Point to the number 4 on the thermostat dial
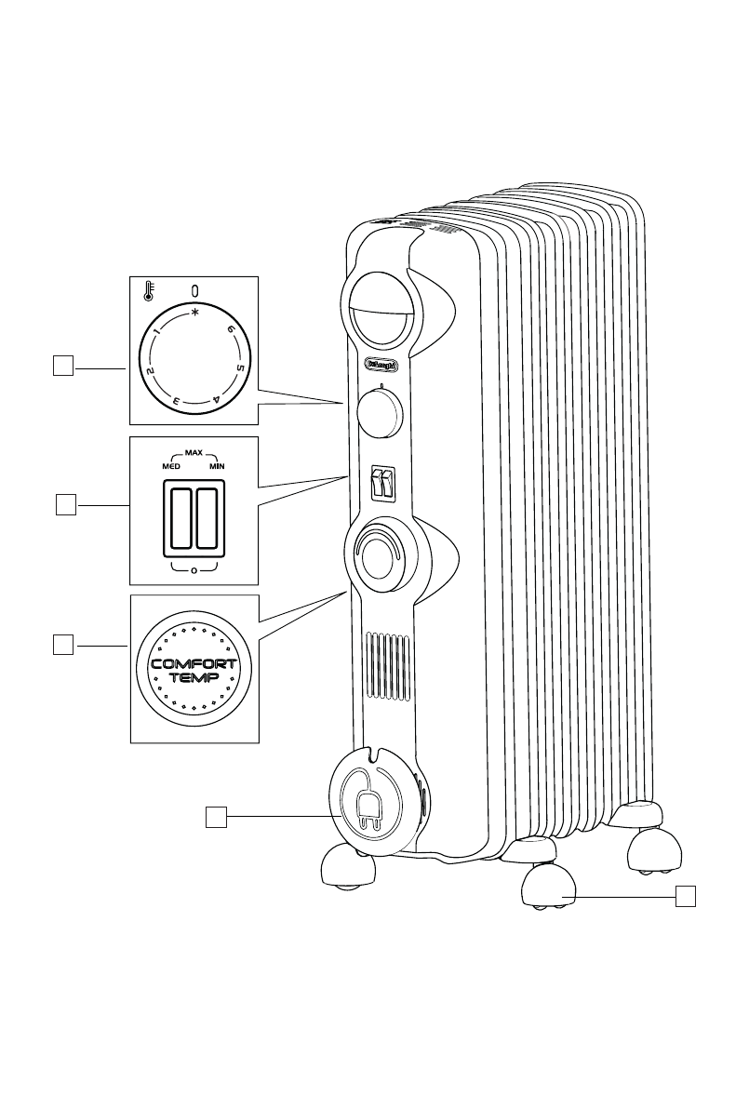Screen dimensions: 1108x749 tap(217, 398)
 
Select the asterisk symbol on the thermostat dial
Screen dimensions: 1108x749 tap(194, 314)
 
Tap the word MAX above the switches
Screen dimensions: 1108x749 tap(194, 452)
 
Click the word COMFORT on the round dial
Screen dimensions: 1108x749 tap(194, 664)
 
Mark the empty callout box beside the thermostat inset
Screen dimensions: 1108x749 tap(63, 367)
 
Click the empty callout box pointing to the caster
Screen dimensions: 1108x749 tap(686, 896)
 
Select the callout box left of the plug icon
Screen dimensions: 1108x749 tap(216, 816)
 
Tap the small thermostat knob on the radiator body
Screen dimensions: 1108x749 tap(380, 410)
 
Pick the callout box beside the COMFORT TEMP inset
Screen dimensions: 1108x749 tap(63, 644)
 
